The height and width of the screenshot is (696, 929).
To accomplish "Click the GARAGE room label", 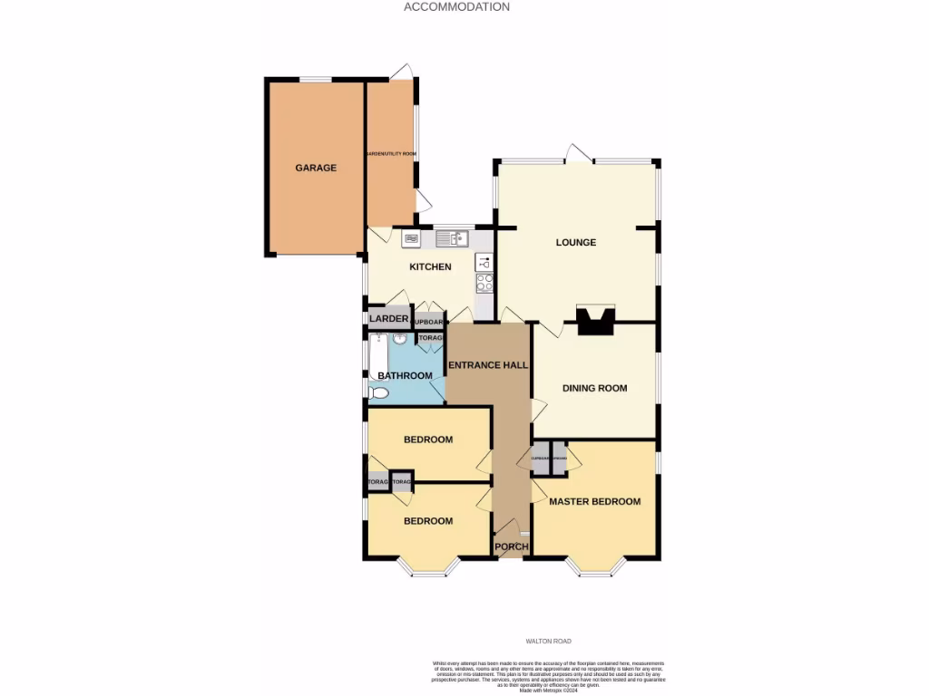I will (x=316, y=168).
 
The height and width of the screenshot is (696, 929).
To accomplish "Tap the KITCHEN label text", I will (x=430, y=267).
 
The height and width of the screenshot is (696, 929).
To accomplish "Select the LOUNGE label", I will (x=576, y=242).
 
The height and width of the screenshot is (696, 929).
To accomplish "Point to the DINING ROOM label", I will (x=595, y=388).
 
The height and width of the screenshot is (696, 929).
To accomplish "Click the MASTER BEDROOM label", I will (x=595, y=501).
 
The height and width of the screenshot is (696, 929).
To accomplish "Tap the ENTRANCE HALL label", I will (x=489, y=365).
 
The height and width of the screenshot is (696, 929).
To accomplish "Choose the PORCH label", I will (x=511, y=546).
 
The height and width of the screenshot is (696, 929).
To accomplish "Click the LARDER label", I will (x=389, y=319).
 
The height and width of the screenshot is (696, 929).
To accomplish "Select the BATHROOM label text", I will (x=405, y=375).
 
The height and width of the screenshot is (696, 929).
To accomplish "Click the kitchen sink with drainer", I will (x=450, y=238).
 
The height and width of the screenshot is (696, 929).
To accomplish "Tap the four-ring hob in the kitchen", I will (x=484, y=283).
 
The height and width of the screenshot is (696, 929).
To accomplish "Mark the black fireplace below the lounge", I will (x=594, y=320).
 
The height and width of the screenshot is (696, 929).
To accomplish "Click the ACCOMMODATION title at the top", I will (x=456, y=6).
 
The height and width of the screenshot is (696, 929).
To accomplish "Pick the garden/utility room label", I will (x=390, y=154).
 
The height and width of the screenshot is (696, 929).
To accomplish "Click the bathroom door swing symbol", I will (x=438, y=390).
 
